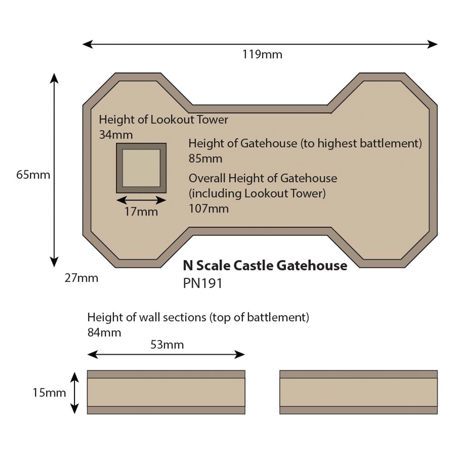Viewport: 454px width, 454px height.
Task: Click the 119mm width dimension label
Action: pyautogui.click(x=262, y=55)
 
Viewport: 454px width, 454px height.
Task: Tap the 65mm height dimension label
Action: pyautogui.click(x=33, y=174)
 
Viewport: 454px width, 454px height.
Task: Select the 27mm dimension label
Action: pyautogui.click(x=81, y=278)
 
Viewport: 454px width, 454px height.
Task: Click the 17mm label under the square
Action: pyautogui.click(x=141, y=212)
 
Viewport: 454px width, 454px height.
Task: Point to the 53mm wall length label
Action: pyautogui.click(x=167, y=345)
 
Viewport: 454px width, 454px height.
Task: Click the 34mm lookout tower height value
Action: pyautogui.click(x=116, y=135)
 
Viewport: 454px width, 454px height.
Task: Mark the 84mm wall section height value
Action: pyautogui.click(x=104, y=332)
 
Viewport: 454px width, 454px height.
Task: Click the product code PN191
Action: pyautogui.click(x=202, y=283)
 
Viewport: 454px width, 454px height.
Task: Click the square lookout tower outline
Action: pyautogui.click(x=141, y=168)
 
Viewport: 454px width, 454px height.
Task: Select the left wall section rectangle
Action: pyautogui.click(x=166, y=392)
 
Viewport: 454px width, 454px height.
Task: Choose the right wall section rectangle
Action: pyautogui.click(x=358, y=392)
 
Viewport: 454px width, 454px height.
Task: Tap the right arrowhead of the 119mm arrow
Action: pyautogui.click(x=433, y=44)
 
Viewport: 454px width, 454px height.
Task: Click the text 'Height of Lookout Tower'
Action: pyautogui.click(x=163, y=120)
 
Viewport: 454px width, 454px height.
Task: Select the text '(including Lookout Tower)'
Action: pyautogui.click(x=257, y=193)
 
